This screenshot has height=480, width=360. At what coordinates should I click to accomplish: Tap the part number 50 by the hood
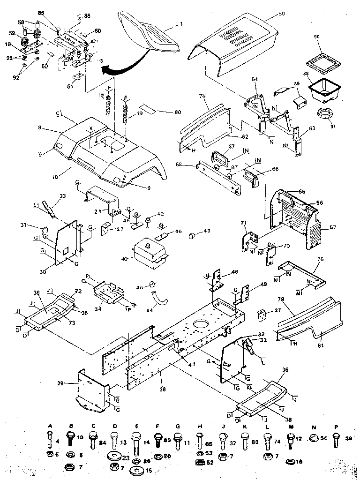click(281, 15)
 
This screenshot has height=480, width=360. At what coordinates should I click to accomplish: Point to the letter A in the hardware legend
click(50, 425)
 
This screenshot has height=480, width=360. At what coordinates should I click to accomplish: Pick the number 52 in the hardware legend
click(210, 463)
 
